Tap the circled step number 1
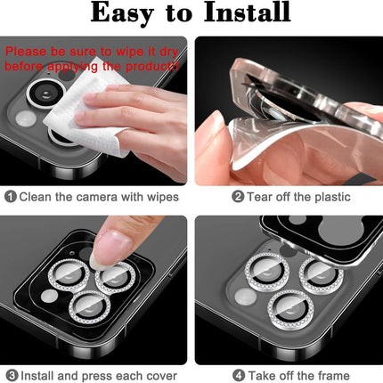[x=10, y=196]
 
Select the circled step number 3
[x=10, y=374]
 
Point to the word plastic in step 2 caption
[x=326, y=197]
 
